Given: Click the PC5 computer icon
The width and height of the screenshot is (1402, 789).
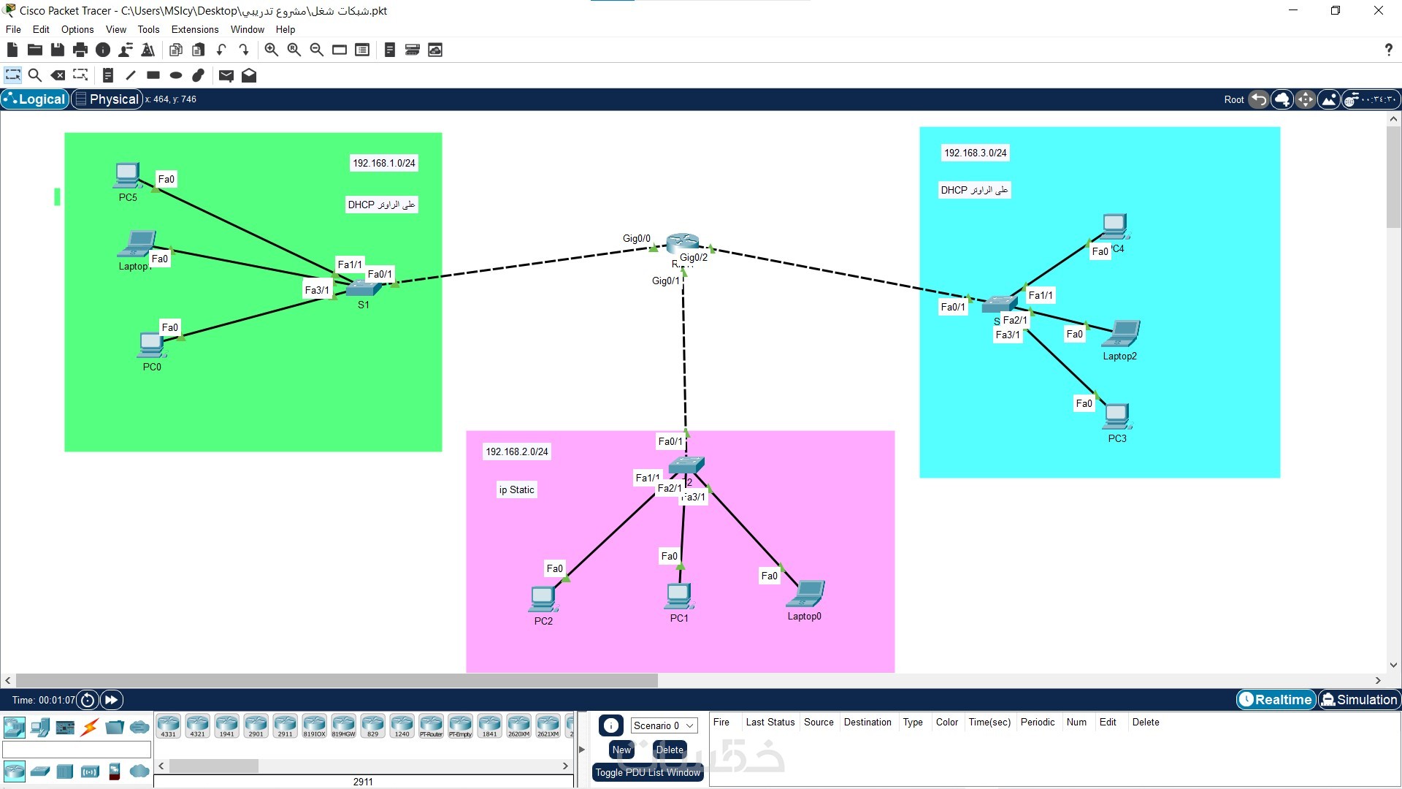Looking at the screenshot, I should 128,175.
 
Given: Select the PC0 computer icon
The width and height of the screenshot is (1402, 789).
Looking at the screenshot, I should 151,344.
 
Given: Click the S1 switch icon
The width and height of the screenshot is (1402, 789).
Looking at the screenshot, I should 363,288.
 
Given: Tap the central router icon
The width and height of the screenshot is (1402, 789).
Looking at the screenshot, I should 683,243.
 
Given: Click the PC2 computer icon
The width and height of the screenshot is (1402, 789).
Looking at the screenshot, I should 543,598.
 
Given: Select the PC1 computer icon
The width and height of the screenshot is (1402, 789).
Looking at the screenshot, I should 678,596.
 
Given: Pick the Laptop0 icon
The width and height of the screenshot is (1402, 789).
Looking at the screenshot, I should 805,594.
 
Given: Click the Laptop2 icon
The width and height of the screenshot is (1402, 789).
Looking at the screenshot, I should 1121,335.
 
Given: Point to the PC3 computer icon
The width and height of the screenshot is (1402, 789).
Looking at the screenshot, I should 1116,416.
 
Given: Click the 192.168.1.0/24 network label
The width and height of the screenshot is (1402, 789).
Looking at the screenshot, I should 384,163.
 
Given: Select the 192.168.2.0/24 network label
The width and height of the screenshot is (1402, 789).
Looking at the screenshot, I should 517,451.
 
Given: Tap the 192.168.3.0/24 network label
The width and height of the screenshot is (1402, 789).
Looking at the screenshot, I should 976,153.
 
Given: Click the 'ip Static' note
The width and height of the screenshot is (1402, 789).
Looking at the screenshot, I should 517,489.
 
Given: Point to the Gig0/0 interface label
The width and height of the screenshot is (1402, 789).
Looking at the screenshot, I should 636,238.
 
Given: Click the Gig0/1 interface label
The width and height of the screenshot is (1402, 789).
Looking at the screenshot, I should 665,281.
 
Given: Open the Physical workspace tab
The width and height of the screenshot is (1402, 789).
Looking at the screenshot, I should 107,99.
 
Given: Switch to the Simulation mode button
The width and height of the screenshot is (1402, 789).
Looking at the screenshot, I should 1359,700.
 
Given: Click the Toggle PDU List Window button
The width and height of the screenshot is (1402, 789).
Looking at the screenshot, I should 648,772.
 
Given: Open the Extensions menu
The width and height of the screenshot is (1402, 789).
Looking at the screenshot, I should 195,29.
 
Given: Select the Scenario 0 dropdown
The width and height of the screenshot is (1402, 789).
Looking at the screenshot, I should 663,725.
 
